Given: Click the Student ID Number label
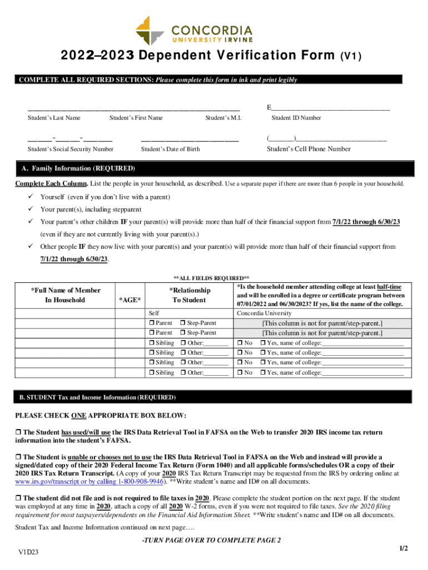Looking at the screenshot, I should coord(296,118).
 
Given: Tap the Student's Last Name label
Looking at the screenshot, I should coord(54,118).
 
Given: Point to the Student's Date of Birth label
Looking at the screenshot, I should coord(170,149).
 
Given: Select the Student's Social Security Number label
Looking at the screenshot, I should coord(71,149).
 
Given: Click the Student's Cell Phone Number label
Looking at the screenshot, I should coord(308,149).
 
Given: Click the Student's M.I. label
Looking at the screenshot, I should coord(223,118).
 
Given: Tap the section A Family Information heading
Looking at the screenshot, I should coord(77,168).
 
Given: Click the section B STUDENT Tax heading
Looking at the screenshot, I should coord(97,397).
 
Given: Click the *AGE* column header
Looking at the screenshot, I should coord(130,301).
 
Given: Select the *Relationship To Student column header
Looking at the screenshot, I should coord(190,295).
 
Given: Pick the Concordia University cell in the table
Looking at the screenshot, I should coord(264,313).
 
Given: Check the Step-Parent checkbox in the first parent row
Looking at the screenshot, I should coord(183,323).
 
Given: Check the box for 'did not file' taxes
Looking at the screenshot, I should coord(18,498).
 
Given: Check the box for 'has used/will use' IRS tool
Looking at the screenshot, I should coord(18,433).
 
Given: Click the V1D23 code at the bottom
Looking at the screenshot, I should coord(27,552).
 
